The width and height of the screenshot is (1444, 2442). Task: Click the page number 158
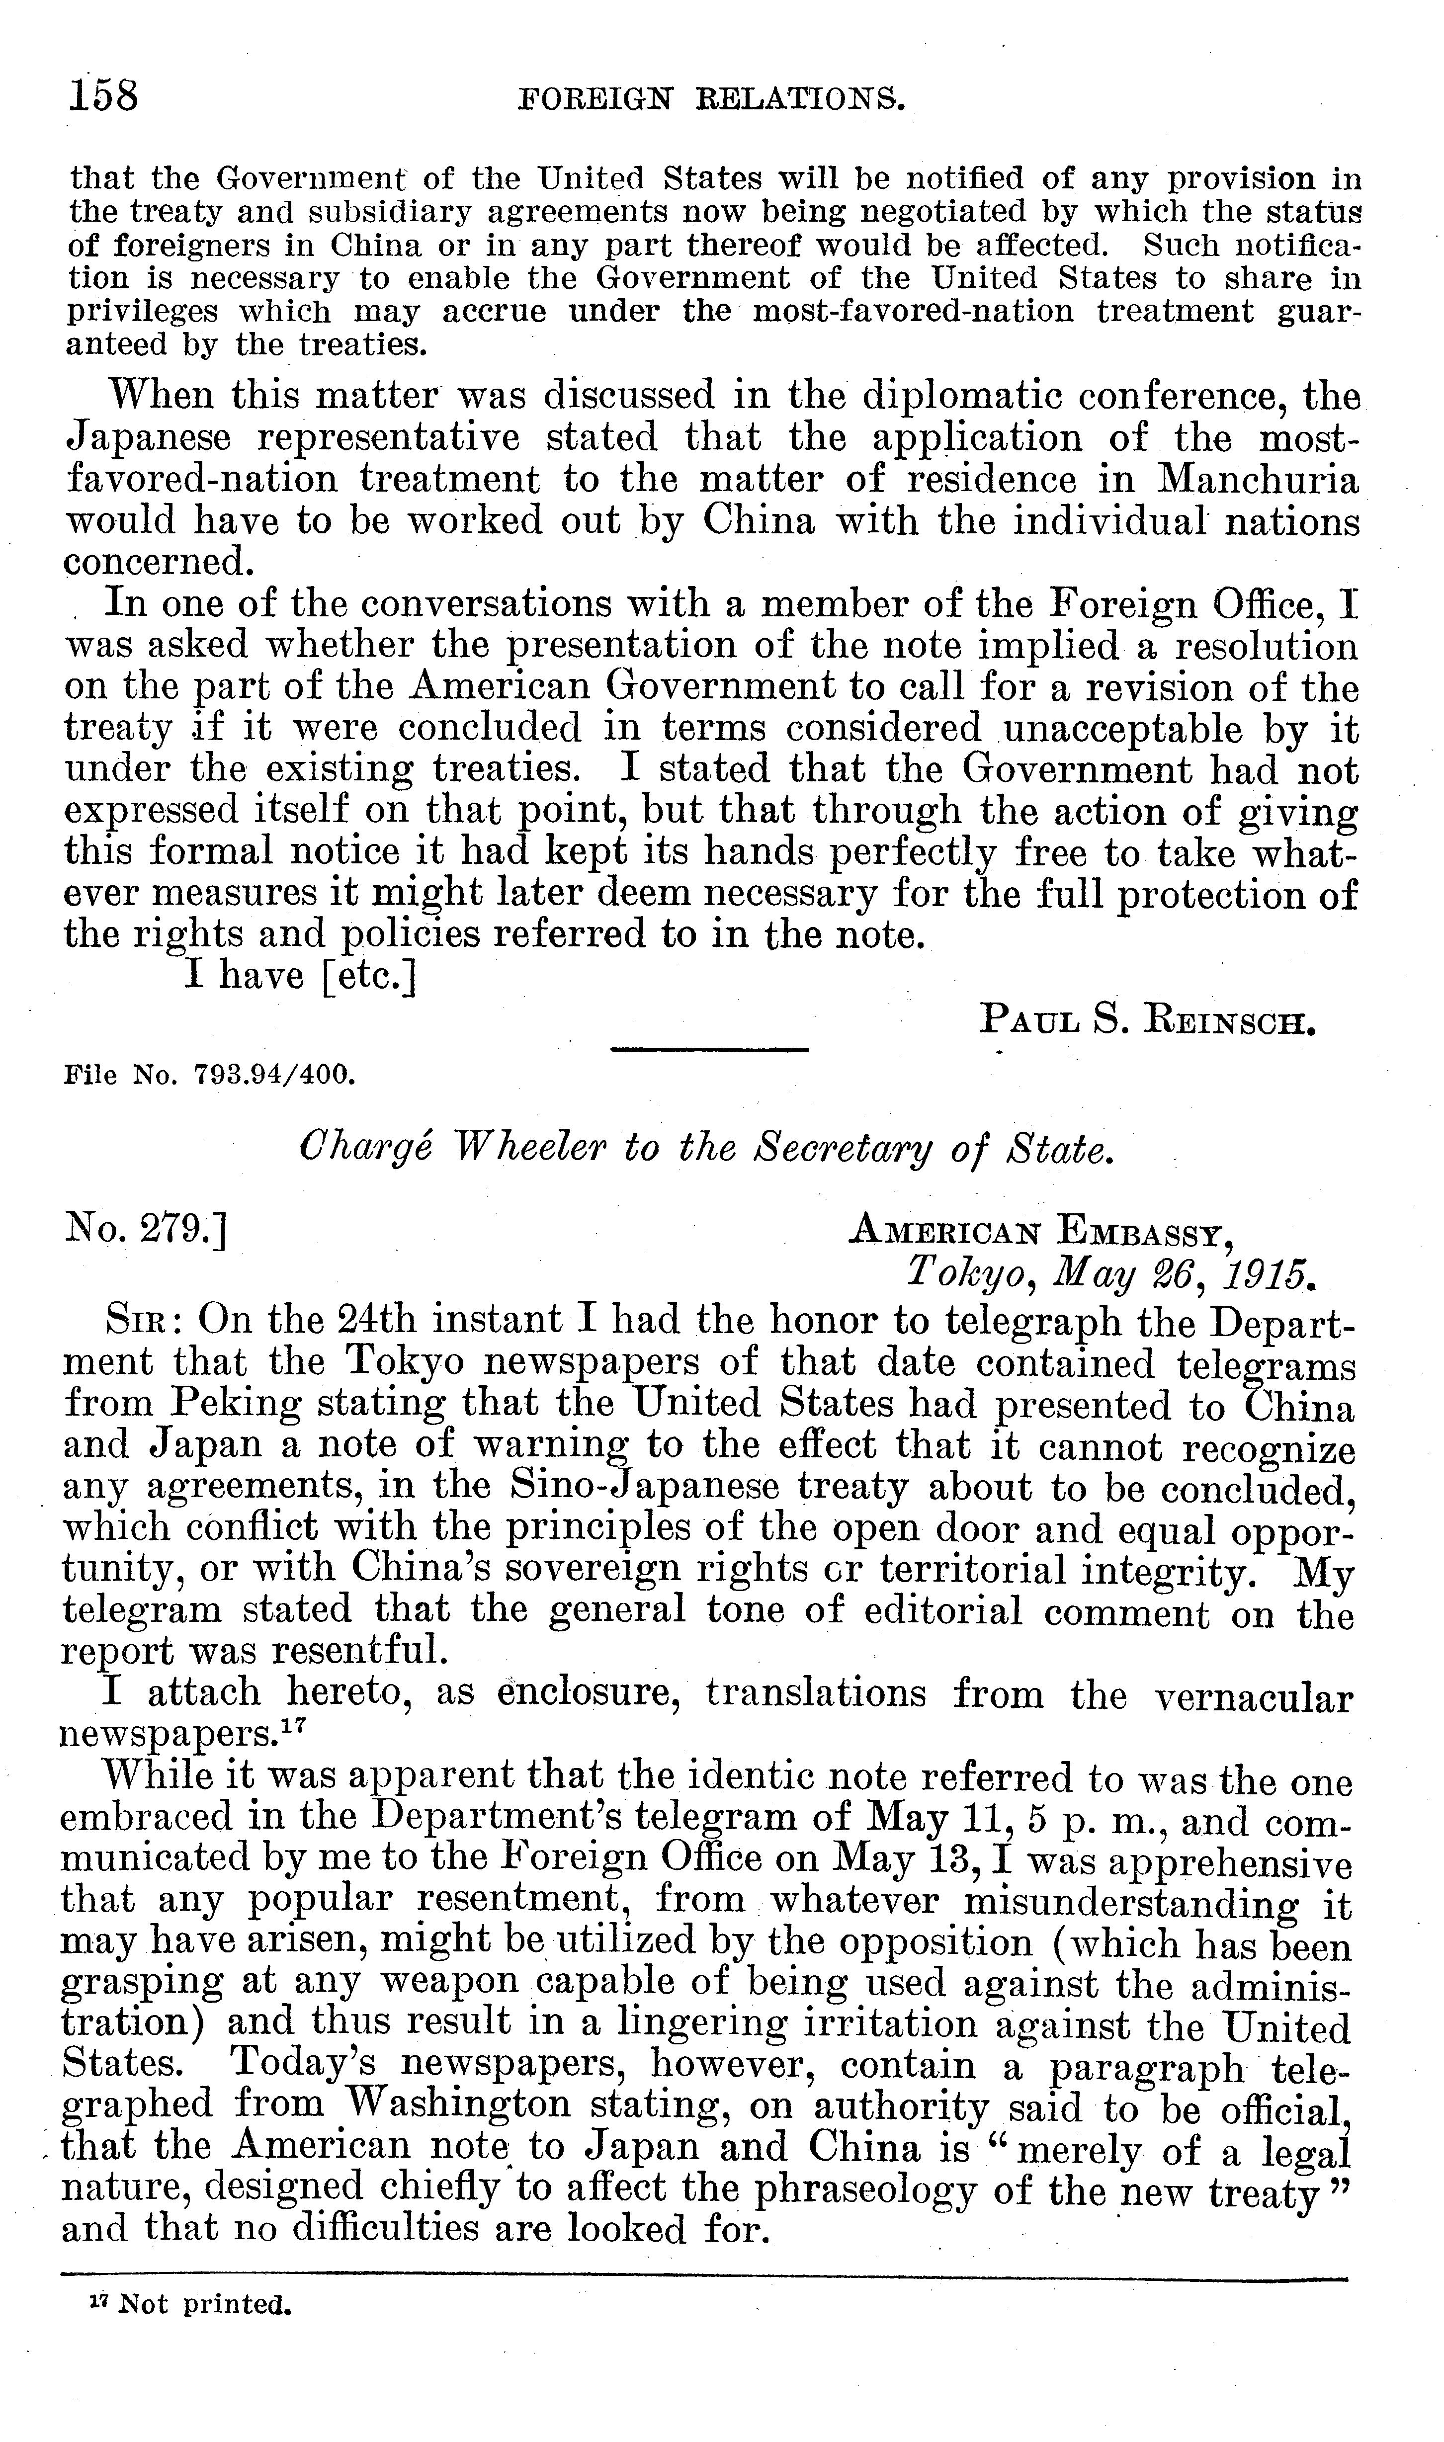pyautogui.click(x=104, y=97)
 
